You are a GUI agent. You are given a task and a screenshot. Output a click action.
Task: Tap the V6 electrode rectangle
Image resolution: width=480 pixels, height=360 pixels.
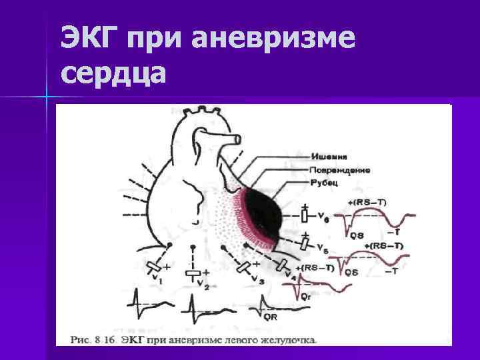point(304,217)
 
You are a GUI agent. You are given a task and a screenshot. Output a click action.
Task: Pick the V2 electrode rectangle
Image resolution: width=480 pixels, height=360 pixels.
point(193,273)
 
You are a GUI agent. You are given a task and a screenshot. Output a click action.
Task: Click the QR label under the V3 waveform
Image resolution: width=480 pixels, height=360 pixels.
point(271,317)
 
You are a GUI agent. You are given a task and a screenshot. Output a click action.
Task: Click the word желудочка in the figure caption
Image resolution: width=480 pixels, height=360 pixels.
point(286,339)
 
